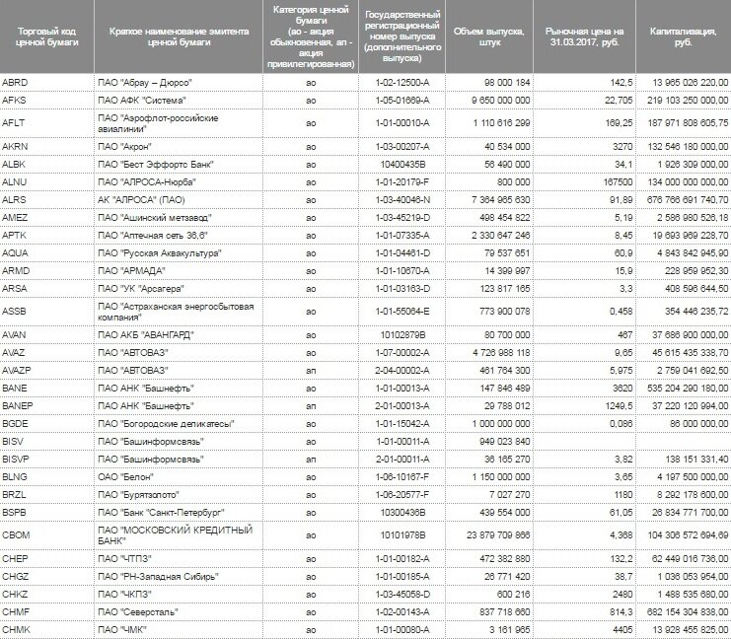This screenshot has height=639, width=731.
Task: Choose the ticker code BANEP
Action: coord(19,406)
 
